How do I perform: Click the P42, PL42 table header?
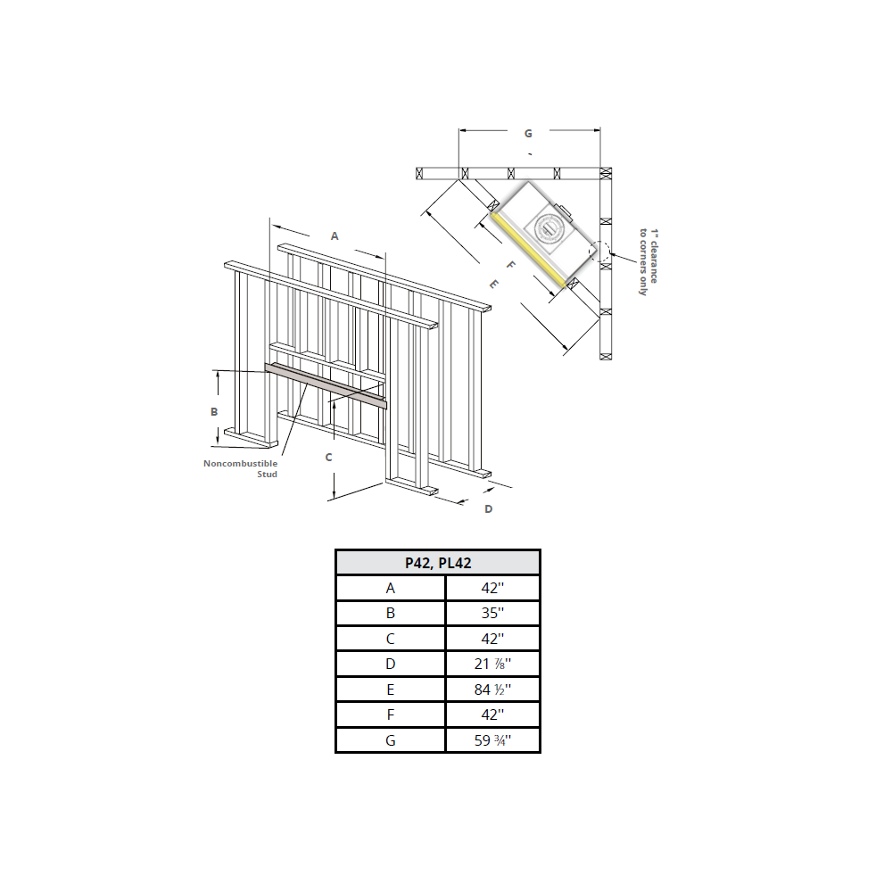coord(437,563)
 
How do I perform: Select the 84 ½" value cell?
coord(492,690)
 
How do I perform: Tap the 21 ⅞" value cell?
coord(492,664)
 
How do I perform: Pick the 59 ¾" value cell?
coord(492,740)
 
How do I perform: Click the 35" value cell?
coord(492,613)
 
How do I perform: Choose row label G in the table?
coord(390,740)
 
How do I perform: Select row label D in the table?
coord(390,664)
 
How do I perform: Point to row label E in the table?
coord(390,690)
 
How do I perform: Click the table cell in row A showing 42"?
coord(492,588)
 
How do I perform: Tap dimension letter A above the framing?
coord(334,236)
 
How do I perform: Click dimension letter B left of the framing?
coord(214,411)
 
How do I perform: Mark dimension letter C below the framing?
coord(328,457)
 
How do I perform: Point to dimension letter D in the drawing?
coord(488,509)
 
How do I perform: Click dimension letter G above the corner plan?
coord(528,134)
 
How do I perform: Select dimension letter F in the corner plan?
coord(510,265)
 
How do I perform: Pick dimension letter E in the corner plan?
coord(494,284)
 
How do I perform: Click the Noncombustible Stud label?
coord(241,468)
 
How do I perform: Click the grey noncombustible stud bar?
coord(326,385)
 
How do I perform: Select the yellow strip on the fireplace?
coord(530,251)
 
